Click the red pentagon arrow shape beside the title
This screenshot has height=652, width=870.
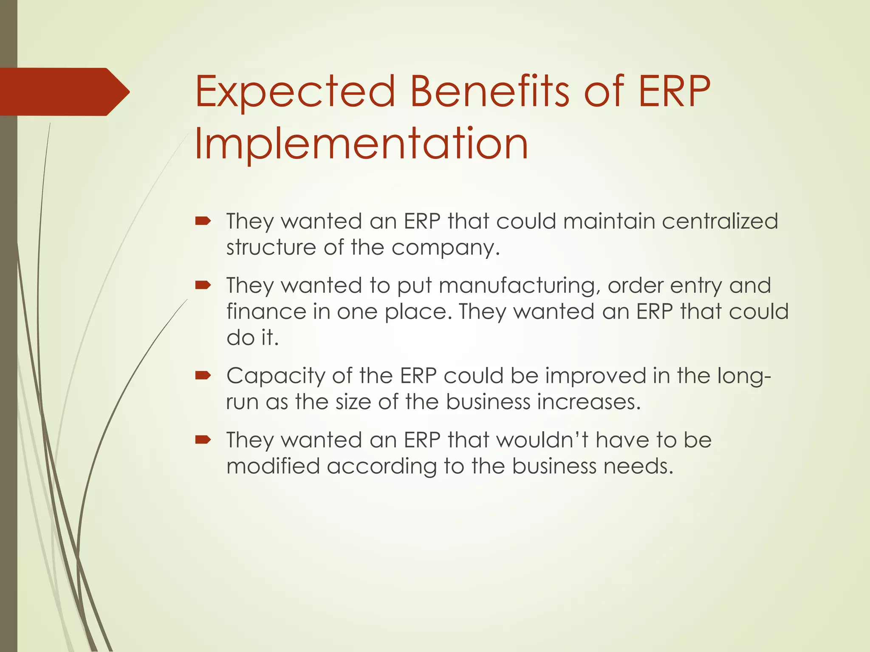point(64,92)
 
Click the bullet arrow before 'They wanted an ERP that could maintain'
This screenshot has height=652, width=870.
point(203,221)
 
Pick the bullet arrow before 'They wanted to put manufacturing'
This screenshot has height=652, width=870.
point(203,285)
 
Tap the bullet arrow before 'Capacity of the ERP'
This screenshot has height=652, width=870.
point(203,375)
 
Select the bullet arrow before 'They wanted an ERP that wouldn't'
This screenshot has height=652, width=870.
point(203,439)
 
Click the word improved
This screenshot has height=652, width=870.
point(595,376)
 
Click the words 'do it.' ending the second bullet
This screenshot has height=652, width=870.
point(252,338)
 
